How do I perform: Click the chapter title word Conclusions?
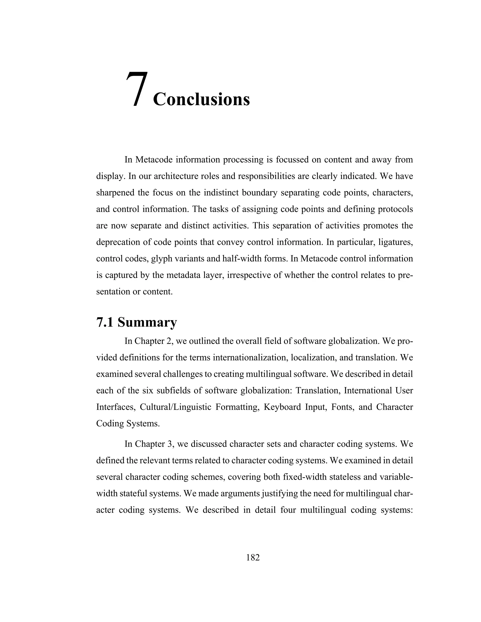tap(201, 99)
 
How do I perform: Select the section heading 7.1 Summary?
tap(136, 323)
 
